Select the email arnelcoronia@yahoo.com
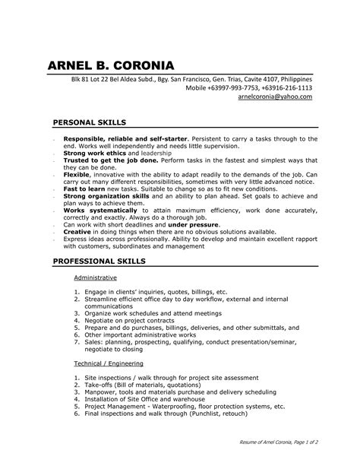point(275,97)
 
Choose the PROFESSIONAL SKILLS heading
point(99,261)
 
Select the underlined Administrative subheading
point(95,278)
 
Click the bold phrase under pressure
point(193,225)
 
